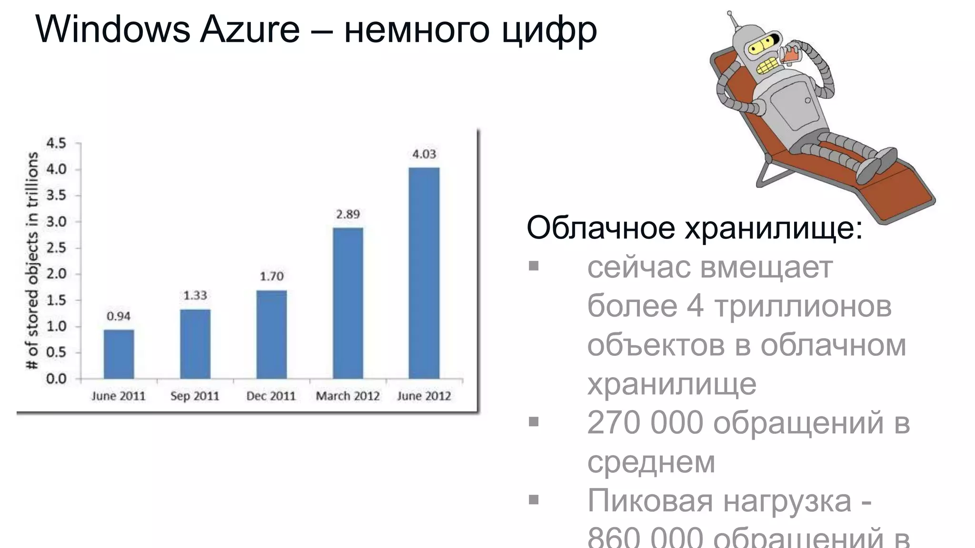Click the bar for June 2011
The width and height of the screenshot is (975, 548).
(119, 354)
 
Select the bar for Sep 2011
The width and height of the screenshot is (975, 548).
(195, 344)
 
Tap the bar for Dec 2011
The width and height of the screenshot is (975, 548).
(271, 334)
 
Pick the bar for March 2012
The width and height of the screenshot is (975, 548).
(348, 303)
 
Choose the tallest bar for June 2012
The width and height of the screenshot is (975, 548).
(424, 273)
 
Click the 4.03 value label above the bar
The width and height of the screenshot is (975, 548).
(424, 154)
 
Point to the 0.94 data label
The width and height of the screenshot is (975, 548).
(119, 316)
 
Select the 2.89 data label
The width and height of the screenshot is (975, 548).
(348, 215)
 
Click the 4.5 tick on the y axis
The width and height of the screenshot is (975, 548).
(56, 143)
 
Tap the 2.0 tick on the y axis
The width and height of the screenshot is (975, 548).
(56, 274)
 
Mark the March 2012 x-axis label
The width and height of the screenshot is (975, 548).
(348, 396)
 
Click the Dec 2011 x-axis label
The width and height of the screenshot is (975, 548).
(271, 396)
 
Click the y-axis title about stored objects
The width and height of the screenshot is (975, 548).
(32, 261)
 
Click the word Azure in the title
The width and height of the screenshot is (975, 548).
(249, 29)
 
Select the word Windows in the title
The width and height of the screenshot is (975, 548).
(112, 29)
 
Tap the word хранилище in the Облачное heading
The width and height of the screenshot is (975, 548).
(773, 229)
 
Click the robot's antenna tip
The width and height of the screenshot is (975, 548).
(729, 13)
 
